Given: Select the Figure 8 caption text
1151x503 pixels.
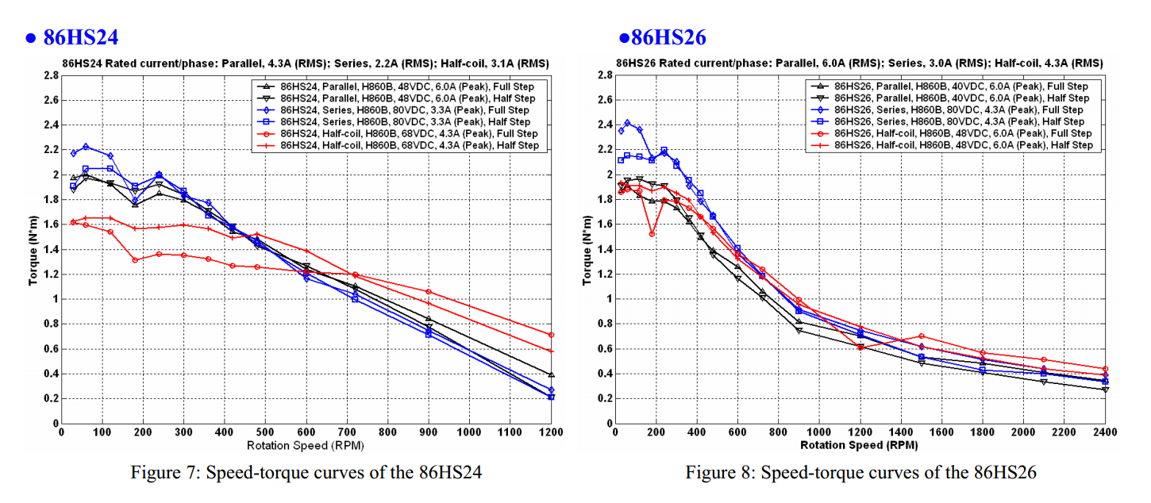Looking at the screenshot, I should (x=861, y=473).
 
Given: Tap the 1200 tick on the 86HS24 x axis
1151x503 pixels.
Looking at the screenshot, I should (x=551, y=433).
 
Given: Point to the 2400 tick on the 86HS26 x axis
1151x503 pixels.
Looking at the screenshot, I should (x=1105, y=433).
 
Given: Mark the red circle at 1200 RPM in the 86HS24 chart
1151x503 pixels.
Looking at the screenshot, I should (x=551, y=335).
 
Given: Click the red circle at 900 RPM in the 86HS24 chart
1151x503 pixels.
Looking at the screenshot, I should (x=429, y=292).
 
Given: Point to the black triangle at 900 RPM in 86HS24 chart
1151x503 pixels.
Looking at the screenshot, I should (x=429, y=319).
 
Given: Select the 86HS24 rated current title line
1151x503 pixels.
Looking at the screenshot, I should (x=306, y=63).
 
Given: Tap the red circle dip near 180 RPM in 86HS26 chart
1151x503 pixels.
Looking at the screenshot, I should (x=652, y=234).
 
